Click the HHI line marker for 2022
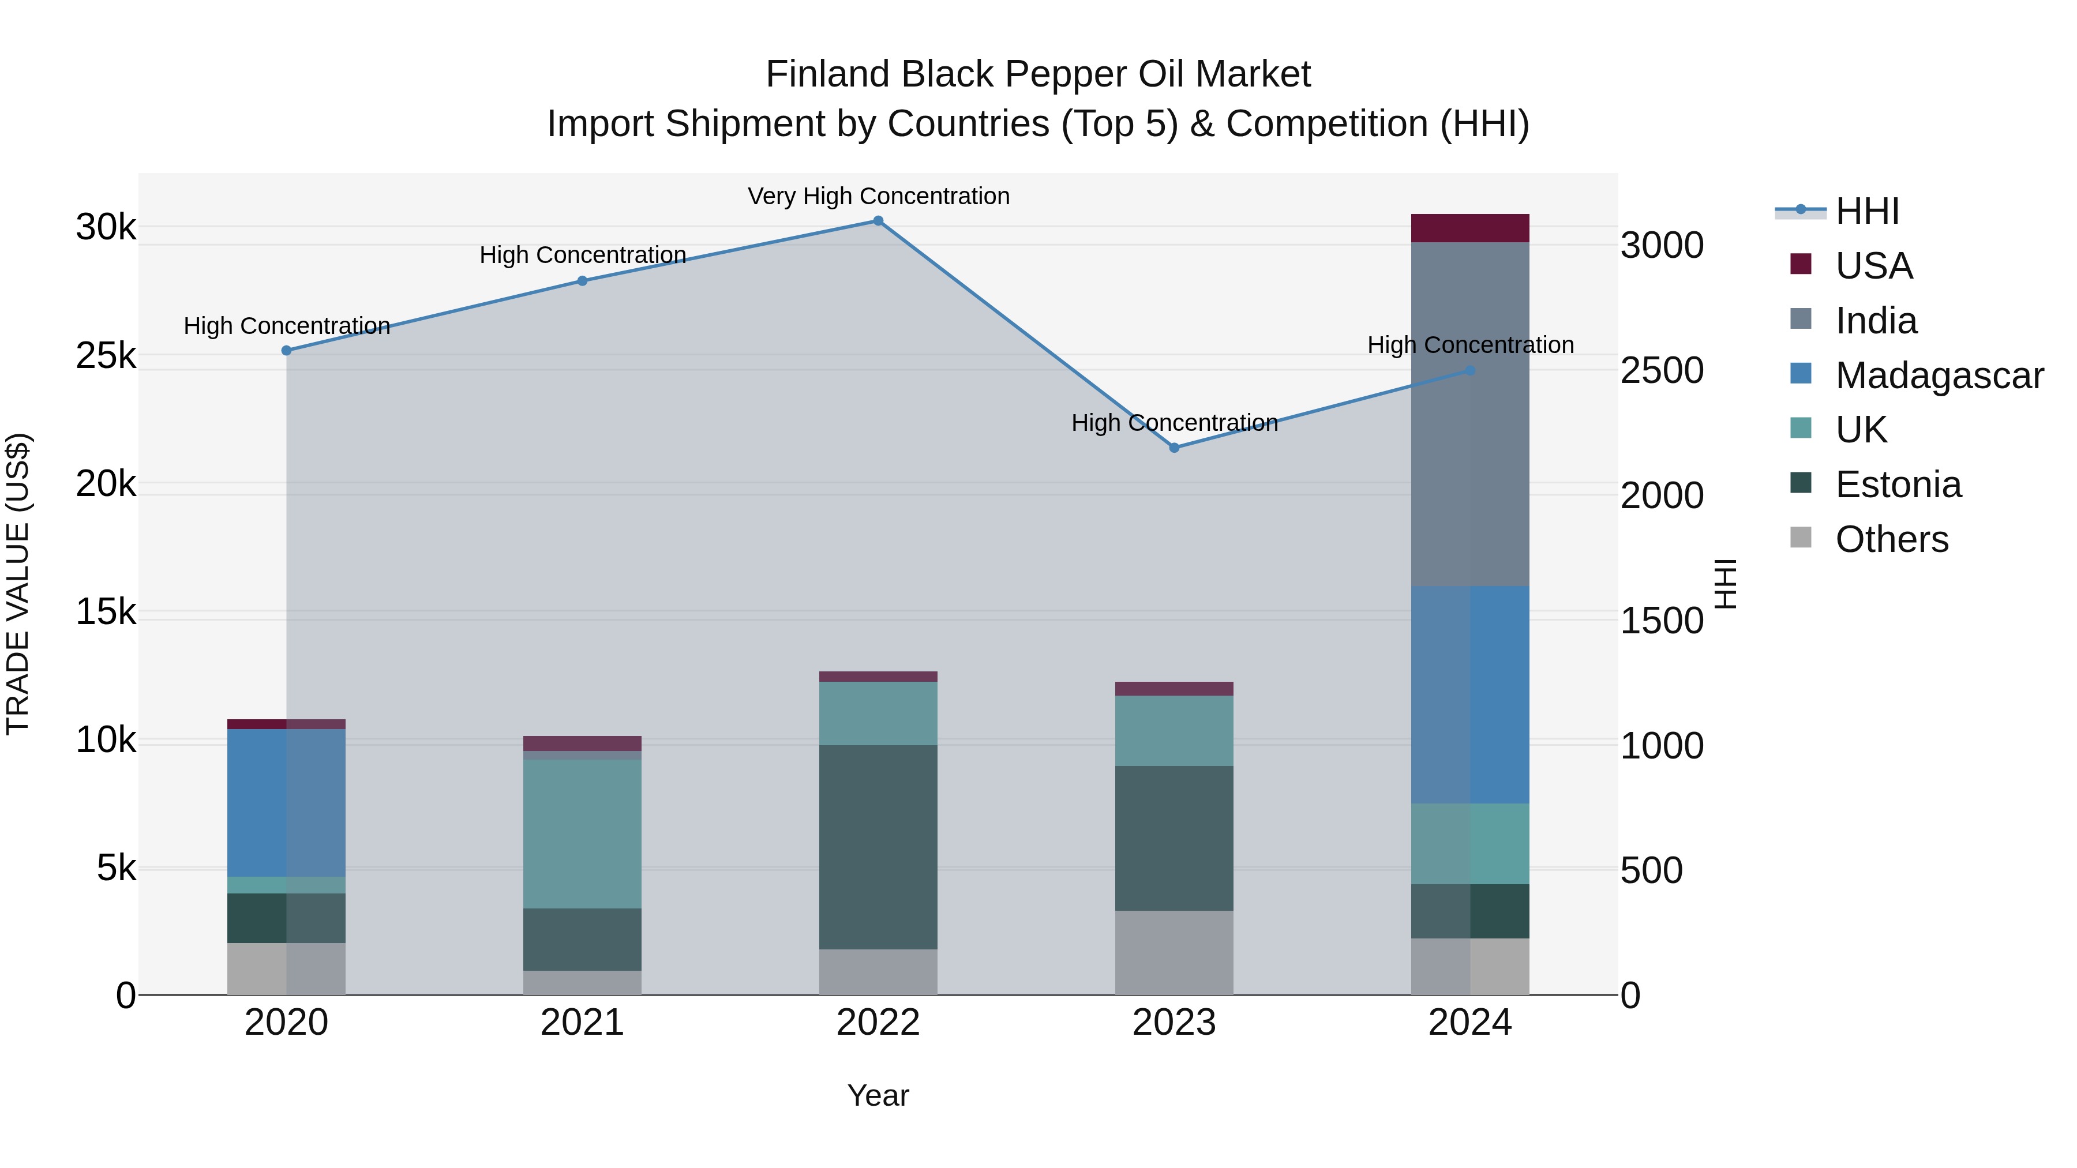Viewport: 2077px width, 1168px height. coord(878,221)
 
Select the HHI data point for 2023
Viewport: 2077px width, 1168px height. coord(1174,448)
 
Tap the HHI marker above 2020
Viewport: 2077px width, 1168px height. coord(286,351)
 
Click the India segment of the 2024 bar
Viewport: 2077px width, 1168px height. coord(1470,414)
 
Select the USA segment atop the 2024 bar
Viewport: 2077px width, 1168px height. coord(1470,228)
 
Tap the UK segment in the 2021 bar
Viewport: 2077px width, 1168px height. coord(582,833)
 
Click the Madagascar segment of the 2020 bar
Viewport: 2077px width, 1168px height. coord(286,802)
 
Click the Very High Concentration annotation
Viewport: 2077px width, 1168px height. coord(878,196)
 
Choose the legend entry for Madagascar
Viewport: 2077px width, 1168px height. coord(1939,375)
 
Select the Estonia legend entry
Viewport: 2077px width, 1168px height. coord(1898,485)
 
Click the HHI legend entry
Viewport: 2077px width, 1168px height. coord(1866,211)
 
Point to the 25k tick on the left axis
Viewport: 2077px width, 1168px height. coord(106,355)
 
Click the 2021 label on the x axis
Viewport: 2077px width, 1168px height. coord(582,1023)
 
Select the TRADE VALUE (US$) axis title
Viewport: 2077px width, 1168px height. coord(18,584)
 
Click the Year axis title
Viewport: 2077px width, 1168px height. coord(878,1095)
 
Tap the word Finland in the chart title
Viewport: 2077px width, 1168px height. coord(827,74)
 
